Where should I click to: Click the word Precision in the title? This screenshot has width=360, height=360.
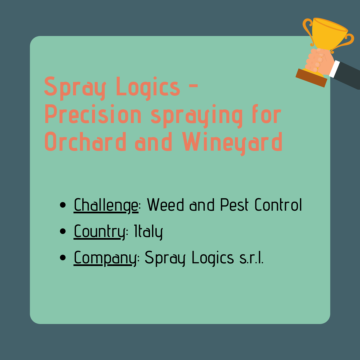pyautogui.click(x=93, y=114)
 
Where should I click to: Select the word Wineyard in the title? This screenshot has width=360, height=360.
pyautogui.click(x=232, y=143)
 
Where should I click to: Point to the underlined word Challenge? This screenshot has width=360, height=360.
pyautogui.click(x=106, y=205)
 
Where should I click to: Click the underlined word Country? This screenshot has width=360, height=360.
pyautogui.click(x=99, y=232)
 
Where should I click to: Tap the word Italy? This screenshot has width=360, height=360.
pyautogui.click(x=148, y=232)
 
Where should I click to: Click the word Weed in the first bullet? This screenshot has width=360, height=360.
pyautogui.click(x=165, y=204)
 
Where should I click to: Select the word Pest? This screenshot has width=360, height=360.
pyautogui.click(x=234, y=204)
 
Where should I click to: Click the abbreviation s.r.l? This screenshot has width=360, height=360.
pyautogui.click(x=251, y=258)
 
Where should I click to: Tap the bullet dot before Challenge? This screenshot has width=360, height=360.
pyautogui.click(x=63, y=205)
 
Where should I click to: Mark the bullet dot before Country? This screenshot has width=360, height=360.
pyautogui.click(x=63, y=231)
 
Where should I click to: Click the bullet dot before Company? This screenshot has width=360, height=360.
pyautogui.click(x=63, y=258)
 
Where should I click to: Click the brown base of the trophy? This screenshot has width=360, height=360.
pyautogui.click(x=311, y=78)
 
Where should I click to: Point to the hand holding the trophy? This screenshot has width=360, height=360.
pyautogui.click(x=319, y=61)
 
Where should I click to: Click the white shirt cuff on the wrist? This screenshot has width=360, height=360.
pyautogui.click(x=334, y=69)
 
